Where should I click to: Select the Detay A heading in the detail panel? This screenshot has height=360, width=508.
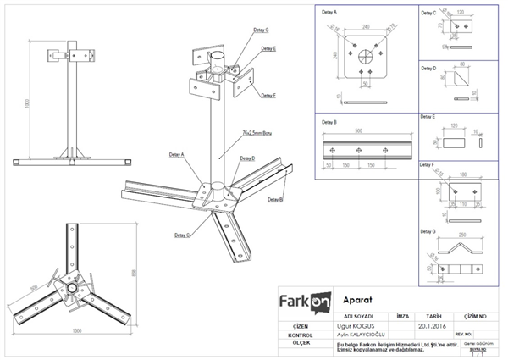(329, 14)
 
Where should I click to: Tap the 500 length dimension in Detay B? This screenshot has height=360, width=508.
(359, 132)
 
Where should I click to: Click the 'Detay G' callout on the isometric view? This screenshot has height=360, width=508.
(260, 30)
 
